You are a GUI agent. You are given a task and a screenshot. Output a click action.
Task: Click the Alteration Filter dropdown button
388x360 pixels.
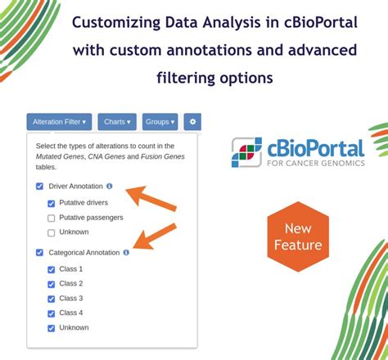(59, 122)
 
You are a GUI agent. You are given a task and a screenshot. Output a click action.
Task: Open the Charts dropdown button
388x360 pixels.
(117, 122)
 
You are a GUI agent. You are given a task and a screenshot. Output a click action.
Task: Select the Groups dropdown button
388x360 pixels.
(160, 122)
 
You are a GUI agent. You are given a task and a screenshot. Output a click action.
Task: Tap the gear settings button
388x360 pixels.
(192, 122)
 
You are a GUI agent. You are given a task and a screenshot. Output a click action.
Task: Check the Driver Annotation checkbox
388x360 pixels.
(39, 187)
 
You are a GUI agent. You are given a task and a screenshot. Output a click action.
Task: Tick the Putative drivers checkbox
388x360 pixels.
(52, 203)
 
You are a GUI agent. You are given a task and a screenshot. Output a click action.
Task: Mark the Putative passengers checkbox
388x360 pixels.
(52, 218)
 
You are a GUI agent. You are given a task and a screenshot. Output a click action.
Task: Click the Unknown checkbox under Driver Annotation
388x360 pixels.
(52, 232)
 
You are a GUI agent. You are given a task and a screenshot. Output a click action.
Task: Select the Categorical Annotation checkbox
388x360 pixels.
(39, 253)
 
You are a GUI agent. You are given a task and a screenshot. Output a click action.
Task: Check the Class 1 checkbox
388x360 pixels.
(52, 269)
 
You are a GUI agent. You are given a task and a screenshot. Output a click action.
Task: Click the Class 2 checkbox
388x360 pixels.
(52, 284)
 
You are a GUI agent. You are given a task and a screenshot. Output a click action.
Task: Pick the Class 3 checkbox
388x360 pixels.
(52, 299)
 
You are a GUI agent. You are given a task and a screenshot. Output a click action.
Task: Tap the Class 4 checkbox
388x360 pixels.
(52, 313)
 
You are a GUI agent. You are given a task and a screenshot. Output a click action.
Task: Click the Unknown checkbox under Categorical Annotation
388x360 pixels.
(52, 328)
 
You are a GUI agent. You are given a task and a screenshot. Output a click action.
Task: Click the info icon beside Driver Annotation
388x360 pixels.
(110, 187)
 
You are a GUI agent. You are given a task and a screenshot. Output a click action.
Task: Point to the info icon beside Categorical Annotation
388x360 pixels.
(126, 253)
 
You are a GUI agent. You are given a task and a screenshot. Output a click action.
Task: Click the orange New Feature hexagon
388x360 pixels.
(298, 236)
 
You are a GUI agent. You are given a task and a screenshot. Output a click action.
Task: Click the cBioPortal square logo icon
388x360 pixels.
(246, 152)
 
